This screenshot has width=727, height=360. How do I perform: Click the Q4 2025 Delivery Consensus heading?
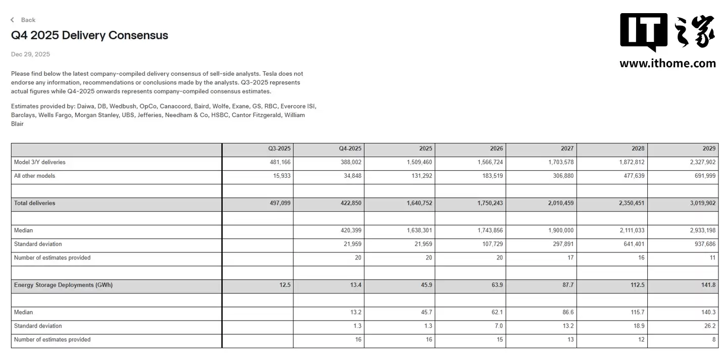click(x=89, y=35)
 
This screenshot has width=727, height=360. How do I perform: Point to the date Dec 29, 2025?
click(x=30, y=55)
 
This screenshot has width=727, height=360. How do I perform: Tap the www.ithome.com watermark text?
click(x=667, y=64)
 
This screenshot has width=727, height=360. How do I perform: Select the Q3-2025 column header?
click(x=279, y=149)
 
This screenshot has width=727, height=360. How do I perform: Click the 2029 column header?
click(x=709, y=149)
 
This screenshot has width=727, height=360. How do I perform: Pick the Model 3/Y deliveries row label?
click(x=40, y=163)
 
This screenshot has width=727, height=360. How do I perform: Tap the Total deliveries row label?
click(x=35, y=203)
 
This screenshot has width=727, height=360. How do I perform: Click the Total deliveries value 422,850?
click(x=350, y=203)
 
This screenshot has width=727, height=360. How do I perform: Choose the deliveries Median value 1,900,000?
click(x=561, y=231)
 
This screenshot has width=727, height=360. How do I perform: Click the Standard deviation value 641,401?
click(x=634, y=244)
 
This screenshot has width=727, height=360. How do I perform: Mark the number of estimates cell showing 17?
click(x=570, y=258)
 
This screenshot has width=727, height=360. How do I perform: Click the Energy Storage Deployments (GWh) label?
click(x=63, y=285)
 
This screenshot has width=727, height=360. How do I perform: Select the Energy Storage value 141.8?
click(x=708, y=285)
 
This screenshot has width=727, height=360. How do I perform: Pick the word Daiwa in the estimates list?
click(x=86, y=107)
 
